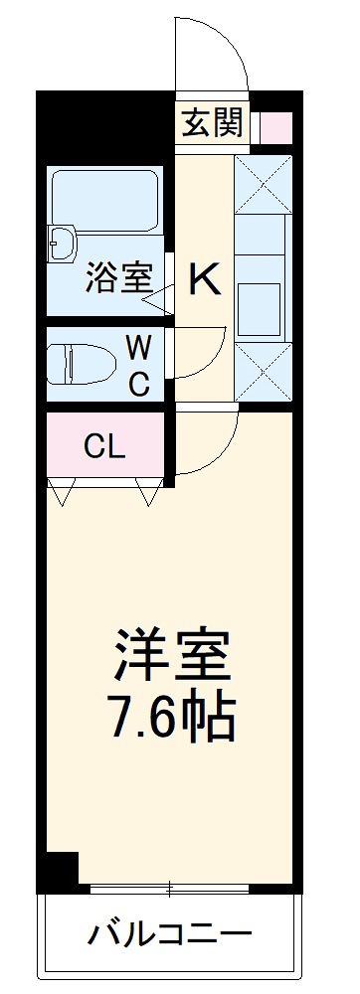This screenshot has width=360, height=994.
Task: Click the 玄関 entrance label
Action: pyautogui.click(x=212, y=124)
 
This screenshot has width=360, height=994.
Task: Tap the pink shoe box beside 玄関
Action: pyautogui.click(x=276, y=127)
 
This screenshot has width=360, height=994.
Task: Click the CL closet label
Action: pyautogui.click(x=104, y=447)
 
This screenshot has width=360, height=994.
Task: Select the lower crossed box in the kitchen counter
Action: pyautogui.click(x=264, y=374)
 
